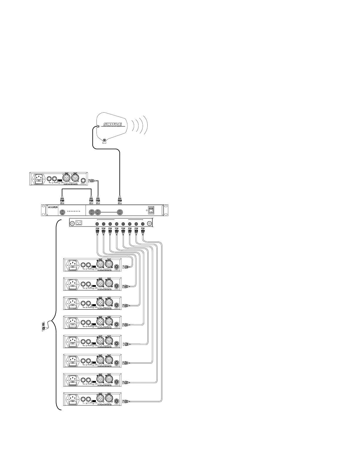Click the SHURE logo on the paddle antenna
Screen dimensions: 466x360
[113, 124]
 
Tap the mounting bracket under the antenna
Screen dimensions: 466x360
[104, 142]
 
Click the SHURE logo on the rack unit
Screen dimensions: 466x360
[51, 207]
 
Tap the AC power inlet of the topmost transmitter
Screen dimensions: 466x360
[40, 179]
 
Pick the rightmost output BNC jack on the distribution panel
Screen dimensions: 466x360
[143, 224]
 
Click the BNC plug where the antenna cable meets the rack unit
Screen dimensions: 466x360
[120, 201]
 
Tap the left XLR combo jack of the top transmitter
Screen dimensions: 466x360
[66, 179]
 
